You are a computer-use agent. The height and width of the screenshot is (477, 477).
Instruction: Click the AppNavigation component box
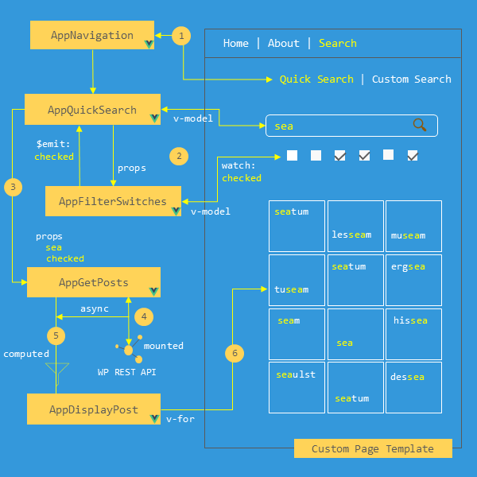tap(92, 36)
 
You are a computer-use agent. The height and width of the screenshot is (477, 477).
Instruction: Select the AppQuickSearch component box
tap(92, 110)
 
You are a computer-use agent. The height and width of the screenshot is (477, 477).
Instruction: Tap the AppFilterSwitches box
tap(113, 201)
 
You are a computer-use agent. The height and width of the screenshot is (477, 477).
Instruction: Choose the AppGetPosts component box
tap(94, 282)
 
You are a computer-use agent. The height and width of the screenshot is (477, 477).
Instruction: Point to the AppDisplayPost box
tap(94, 409)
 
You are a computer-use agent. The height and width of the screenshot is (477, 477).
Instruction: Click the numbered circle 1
tap(182, 36)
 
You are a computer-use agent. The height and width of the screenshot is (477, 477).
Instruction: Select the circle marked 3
tap(13, 188)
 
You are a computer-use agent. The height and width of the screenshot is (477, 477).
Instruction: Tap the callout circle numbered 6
tap(234, 353)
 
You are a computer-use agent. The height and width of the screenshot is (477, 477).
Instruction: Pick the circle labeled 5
tap(55, 335)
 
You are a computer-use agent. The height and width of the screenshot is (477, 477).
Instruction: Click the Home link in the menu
tap(235, 44)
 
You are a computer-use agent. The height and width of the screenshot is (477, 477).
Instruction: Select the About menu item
tap(283, 44)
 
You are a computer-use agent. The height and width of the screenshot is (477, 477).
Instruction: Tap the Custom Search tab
tap(411, 79)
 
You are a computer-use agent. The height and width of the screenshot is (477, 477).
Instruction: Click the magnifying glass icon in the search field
tap(420, 125)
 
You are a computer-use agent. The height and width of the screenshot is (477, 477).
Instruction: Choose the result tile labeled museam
tap(413, 227)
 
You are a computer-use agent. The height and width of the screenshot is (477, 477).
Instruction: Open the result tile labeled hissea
tap(413, 334)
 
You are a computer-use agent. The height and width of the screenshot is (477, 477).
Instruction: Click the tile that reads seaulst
tap(297, 388)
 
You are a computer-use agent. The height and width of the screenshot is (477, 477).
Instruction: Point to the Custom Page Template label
tap(372, 449)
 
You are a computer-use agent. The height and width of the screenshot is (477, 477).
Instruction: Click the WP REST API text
tap(126, 372)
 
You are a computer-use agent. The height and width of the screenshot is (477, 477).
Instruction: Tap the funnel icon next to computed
tap(56, 370)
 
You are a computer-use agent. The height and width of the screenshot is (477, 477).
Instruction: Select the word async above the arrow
tap(95, 308)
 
